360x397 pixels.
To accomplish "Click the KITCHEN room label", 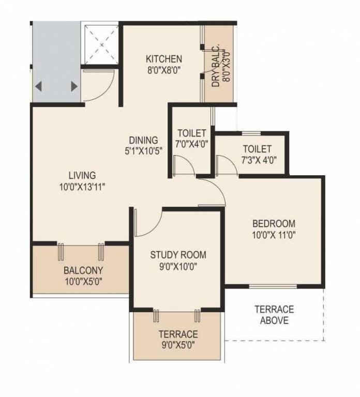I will [163, 58].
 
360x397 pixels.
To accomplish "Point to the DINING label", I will [143, 140].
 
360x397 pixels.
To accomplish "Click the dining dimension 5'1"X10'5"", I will [143, 151].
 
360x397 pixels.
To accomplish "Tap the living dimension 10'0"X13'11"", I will [82, 187].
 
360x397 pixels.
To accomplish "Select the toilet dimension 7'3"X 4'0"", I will [252, 159].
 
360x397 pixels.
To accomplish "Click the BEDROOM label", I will [274, 224].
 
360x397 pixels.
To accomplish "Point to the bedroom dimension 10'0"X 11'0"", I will [274, 235].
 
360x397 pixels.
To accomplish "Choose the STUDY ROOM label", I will [178, 255].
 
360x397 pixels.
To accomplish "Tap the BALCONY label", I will [83, 270].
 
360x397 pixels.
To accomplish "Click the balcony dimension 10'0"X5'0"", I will [83, 282].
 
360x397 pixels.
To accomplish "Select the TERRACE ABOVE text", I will [274, 315].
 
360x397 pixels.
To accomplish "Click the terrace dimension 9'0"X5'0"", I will [178, 345].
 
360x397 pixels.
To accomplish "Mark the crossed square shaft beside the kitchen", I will [101, 43].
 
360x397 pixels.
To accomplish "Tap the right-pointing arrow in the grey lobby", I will [74, 86].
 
